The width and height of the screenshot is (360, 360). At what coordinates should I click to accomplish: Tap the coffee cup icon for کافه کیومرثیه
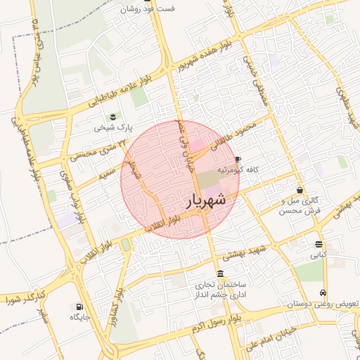click(x=238, y=160)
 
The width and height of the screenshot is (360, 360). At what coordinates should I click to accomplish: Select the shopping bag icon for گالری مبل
click(x=300, y=190)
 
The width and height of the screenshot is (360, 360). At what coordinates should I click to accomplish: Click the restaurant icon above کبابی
click(x=319, y=245)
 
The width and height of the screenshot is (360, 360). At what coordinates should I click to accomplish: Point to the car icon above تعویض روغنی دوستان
click(x=323, y=292)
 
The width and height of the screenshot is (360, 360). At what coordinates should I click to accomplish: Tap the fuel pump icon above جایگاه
click(x=78, y=307)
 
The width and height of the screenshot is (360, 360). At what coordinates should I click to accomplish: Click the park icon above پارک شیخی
click(x=111, y=117)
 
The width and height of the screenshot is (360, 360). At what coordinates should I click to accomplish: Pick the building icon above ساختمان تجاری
click(x=221, y=274)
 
